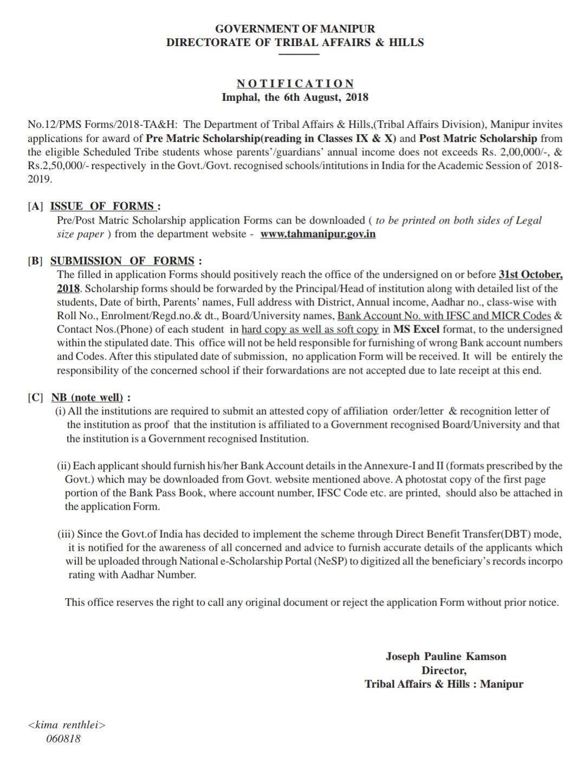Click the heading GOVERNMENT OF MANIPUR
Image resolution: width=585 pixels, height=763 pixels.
pyautogui.click(x=295, y=28)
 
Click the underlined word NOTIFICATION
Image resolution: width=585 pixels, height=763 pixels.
pyautogui.click(x=295, y=83)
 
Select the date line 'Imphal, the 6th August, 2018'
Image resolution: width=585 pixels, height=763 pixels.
pyautogui.click(x=295, y=97)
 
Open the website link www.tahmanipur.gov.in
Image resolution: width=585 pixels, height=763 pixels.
pyautogui.click(x=318, y=234)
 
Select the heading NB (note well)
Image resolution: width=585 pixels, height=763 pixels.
pyautogui.click(x=87, y=397)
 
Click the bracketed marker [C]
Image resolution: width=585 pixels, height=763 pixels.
pyautogui.click(x=36, y=397)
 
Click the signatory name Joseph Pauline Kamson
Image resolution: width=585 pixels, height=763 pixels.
pyautogui.click(x=446, y=656)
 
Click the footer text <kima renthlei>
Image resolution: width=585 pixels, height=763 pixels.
pyautogui.click(x=66, y=725)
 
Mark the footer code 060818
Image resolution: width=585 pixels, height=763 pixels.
pyautogui.click(x=63, y=738)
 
